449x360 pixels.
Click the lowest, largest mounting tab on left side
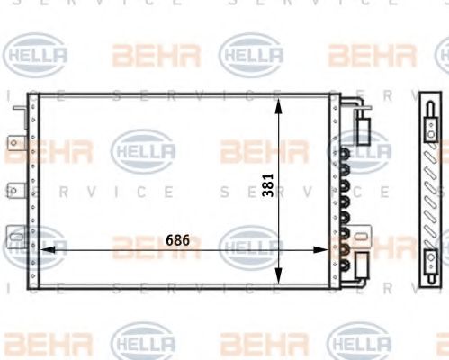15,237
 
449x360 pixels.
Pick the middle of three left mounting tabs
15,189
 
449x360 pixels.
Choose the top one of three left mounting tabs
15,142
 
